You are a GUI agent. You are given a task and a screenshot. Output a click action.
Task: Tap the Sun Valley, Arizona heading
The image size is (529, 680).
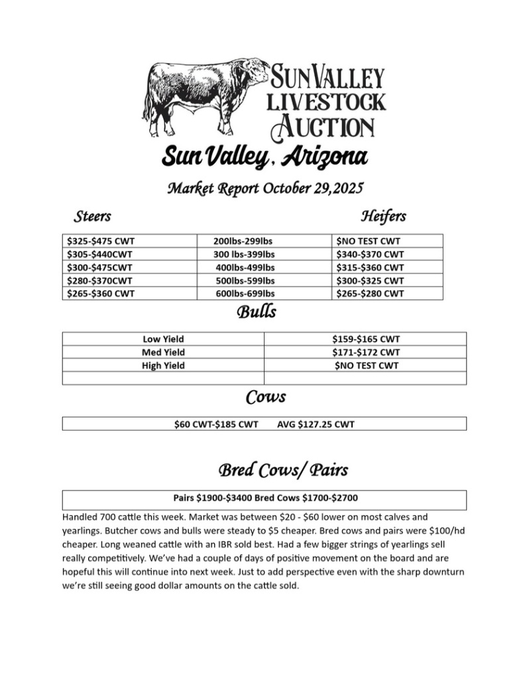click(264, 157)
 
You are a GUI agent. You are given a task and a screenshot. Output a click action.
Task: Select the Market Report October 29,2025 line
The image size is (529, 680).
click(264, 188)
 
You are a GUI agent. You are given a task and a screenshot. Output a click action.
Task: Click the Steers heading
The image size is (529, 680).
click(92, 216)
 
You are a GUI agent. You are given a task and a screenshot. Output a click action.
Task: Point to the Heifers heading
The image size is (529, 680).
click(383, 216)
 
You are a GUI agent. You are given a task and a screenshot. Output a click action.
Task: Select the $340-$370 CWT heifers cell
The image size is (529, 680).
click(370, 255)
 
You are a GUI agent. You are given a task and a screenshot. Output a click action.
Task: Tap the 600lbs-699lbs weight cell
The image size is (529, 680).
click(245, 294)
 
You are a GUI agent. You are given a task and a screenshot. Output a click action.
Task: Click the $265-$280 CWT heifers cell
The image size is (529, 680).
click(370, 294)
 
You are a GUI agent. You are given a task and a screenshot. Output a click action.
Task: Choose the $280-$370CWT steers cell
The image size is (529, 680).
click(100, 280)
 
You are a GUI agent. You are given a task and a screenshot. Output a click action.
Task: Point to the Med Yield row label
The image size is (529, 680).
click(163, 352)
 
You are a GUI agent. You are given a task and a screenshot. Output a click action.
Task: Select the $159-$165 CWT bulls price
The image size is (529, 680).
click(366, 339)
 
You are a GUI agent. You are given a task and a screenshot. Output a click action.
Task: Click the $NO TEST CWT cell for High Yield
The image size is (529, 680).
click(366, 365)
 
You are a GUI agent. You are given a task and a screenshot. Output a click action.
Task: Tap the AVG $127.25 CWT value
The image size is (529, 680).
click(316, 424)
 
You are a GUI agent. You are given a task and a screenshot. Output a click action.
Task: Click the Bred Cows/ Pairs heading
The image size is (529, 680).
click(283, 470)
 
